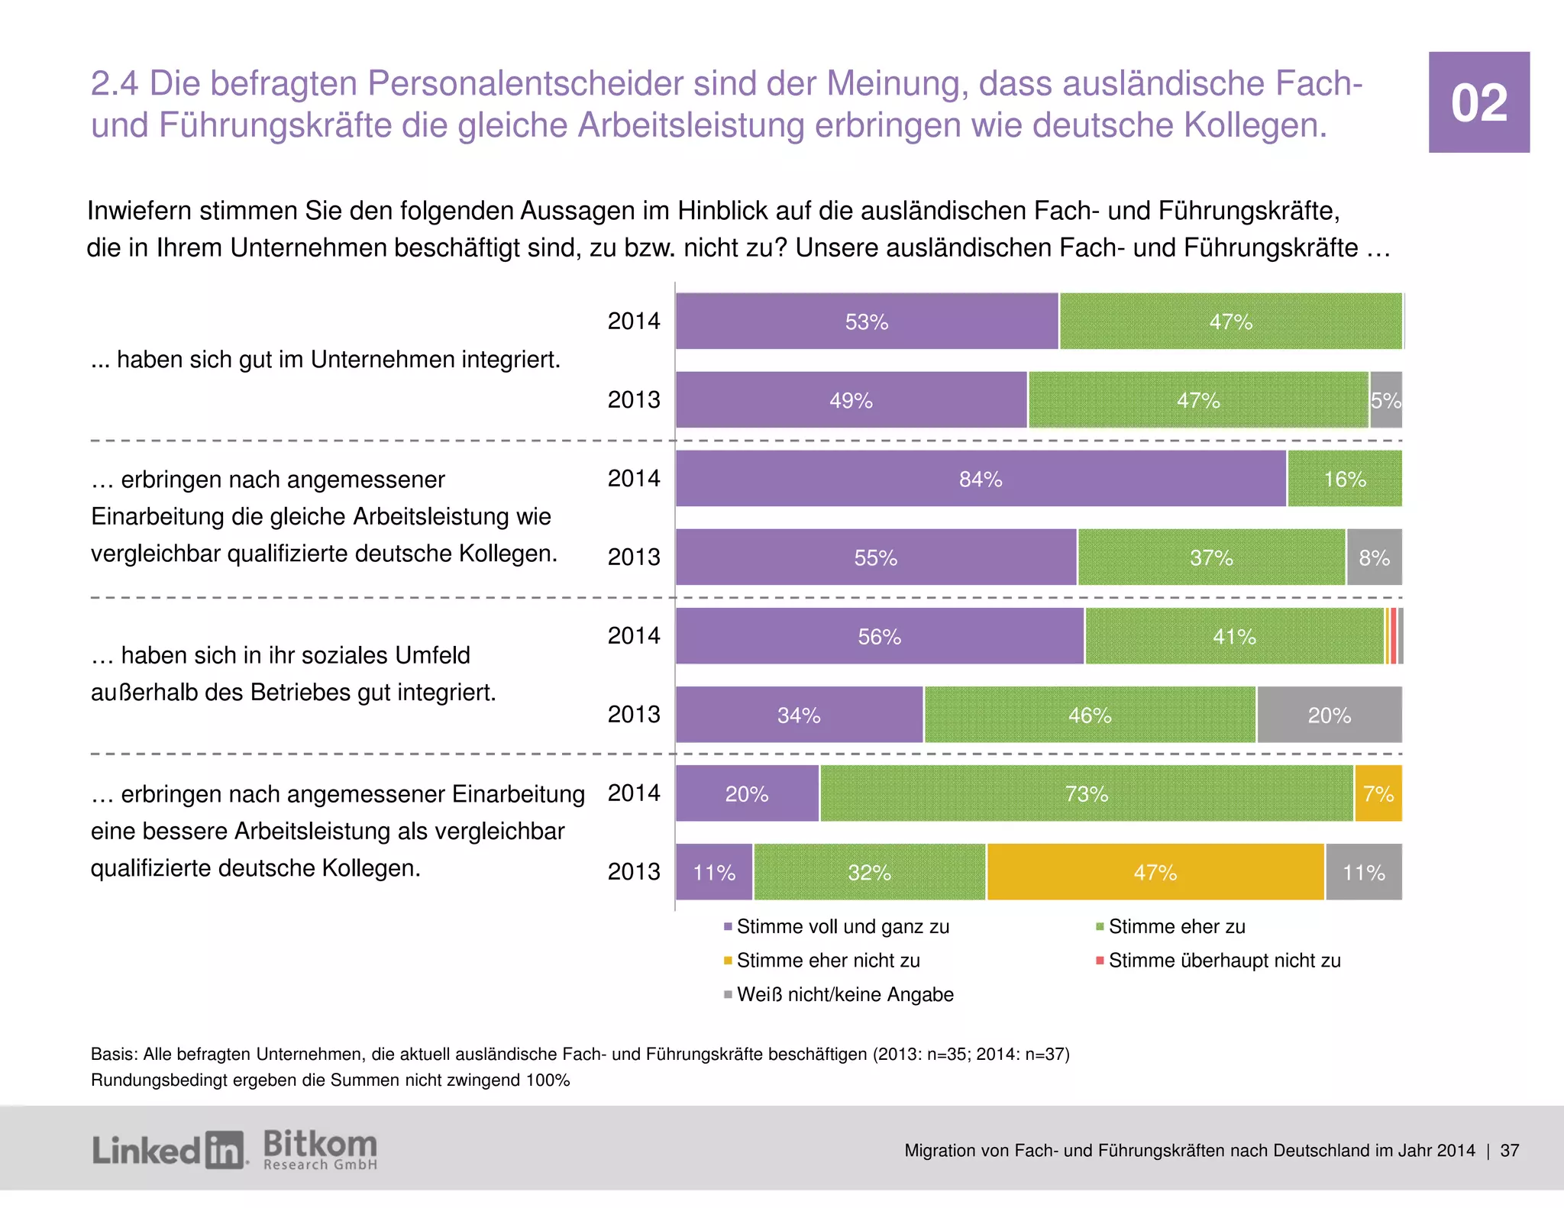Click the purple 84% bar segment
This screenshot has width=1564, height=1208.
click(981, 479)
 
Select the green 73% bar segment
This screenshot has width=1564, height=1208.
click(1086, 794)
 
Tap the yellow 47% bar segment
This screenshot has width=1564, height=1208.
click(1155, 872)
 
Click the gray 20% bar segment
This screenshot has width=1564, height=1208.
click(1329, 715)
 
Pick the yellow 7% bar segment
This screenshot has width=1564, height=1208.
click(1378, 794)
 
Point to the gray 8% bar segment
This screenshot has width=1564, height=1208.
click(1374, 557)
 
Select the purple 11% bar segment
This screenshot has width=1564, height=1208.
click(713, 872)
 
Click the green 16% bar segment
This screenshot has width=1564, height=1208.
click(1344, 479)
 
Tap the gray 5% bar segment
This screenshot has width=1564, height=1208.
click(1385, 400)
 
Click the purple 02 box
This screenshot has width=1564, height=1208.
click(1478, 102)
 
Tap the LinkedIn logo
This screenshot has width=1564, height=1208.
click(169, 1150)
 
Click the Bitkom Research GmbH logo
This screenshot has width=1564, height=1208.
click(320, 1150)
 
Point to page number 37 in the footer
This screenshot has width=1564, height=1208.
click(1509, 1151)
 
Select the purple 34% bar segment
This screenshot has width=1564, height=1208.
click(799, 715)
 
